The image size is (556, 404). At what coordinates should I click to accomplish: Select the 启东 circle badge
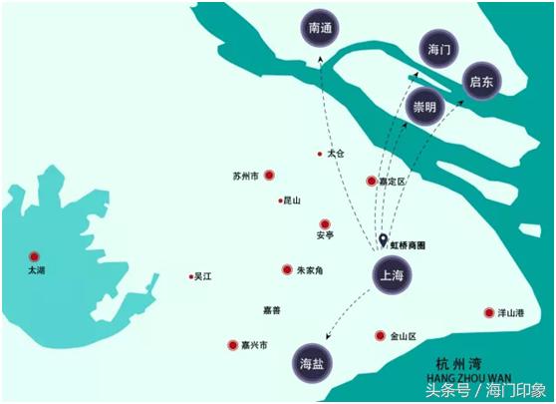point(484,80)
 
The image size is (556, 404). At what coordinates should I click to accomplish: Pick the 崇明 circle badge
point(424,106)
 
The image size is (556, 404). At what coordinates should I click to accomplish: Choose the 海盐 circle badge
point(312,365)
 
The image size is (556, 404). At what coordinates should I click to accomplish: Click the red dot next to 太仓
point(320,154)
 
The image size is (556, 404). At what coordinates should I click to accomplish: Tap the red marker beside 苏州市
point(269,176)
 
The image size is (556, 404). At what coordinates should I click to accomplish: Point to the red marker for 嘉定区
point(371,182)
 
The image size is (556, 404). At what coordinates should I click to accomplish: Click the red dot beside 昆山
point(281,201)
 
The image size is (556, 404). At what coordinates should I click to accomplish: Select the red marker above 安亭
point(324,223)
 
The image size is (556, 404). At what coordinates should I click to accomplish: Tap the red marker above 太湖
point(35,256)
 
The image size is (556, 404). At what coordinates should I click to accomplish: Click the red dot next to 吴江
point(190,276)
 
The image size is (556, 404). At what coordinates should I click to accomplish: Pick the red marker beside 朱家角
point(287,269)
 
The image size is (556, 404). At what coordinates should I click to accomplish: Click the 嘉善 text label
point(271,310)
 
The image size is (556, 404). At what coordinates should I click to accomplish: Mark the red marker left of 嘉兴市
point(232,345)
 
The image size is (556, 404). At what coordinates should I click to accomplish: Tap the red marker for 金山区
point(380,336)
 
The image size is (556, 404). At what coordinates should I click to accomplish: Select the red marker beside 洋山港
point(489,312)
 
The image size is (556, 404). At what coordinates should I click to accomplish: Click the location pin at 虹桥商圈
point(384,240)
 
